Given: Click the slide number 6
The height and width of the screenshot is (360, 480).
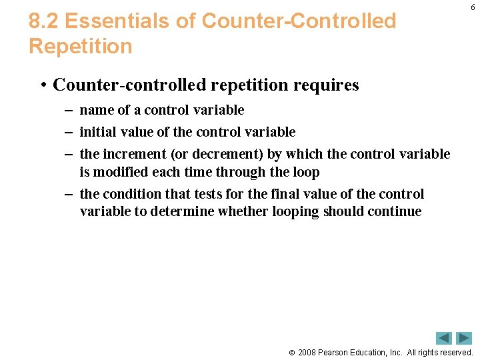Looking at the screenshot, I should (x=473, y=7).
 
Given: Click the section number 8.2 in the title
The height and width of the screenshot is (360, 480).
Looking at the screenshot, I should (x=44, y=21).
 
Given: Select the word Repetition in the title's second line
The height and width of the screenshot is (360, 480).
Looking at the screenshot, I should (x=81, y=47).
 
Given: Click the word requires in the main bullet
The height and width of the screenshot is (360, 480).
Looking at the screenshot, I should (x=327, y=85).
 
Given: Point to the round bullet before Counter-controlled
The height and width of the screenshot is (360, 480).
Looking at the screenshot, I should (x=42, y=85).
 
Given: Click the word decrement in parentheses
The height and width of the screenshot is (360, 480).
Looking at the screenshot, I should (x=227, y=154).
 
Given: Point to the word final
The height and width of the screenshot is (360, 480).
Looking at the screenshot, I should (x=286, y=194).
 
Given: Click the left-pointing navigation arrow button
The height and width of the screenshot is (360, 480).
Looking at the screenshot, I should (x=444, y=338).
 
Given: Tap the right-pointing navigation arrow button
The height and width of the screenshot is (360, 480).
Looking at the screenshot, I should (x=464, y=338).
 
